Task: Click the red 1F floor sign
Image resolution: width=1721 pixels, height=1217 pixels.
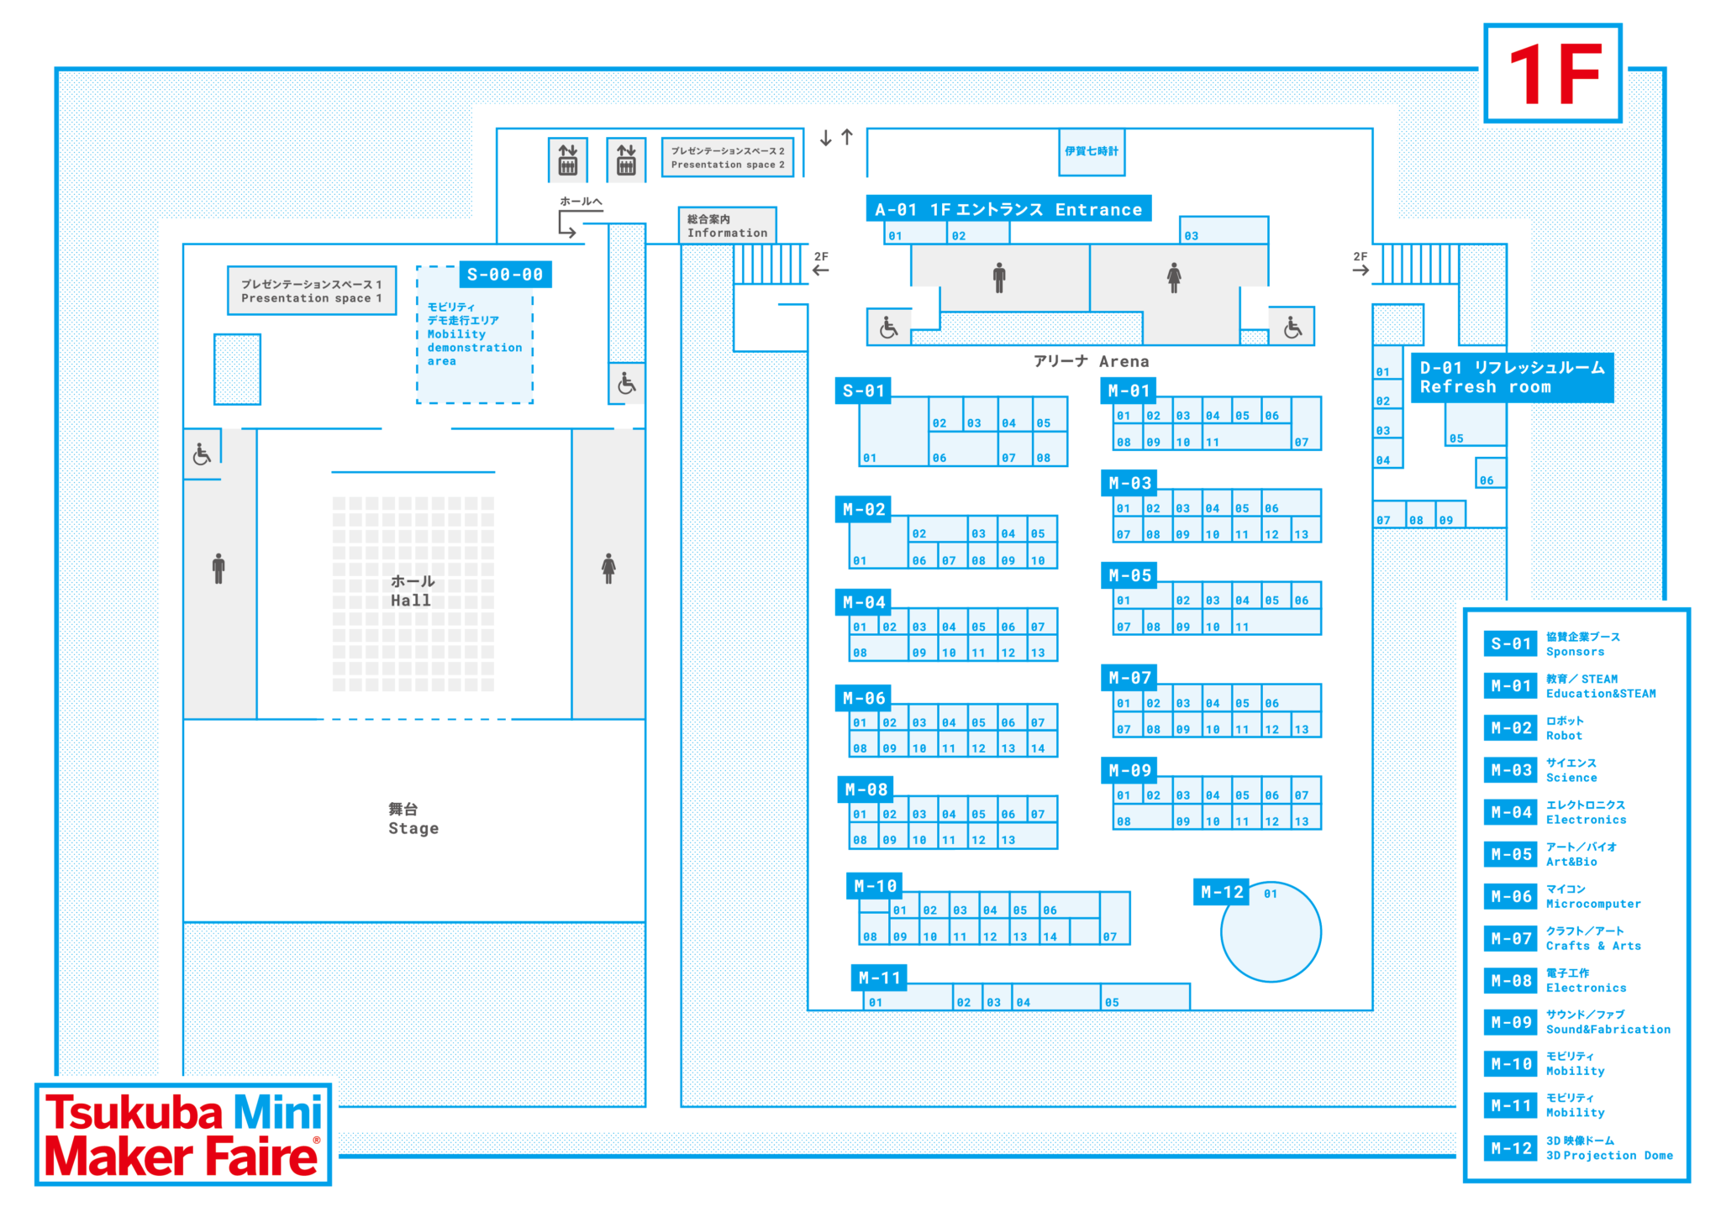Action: [x=1553, y=74]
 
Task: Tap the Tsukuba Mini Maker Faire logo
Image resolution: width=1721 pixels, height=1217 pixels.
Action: [x=183, y=1134]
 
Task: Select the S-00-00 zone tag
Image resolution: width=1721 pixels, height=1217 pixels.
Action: [x=505, y=275]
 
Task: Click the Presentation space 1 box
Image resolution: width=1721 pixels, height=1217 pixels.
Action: [x=312, y=291]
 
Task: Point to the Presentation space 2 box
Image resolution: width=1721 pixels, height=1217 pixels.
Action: [x=728, y=157]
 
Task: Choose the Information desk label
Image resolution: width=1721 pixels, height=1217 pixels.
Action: [x=727, y=226]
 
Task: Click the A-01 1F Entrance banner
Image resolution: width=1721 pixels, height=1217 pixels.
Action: [x=1008, y=209]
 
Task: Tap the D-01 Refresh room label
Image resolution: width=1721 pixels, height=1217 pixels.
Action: [x=1512, y=377]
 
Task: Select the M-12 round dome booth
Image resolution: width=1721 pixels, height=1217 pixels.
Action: [x=1271, y=931]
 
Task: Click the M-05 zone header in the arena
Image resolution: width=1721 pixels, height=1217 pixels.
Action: [x=1129, y=575]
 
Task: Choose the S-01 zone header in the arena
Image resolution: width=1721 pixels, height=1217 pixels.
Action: [x=863, y=391]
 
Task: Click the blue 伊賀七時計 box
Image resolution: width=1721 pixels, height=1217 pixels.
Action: [x=1091, y=152]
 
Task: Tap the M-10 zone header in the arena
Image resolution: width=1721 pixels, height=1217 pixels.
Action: [x=875, y=886]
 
